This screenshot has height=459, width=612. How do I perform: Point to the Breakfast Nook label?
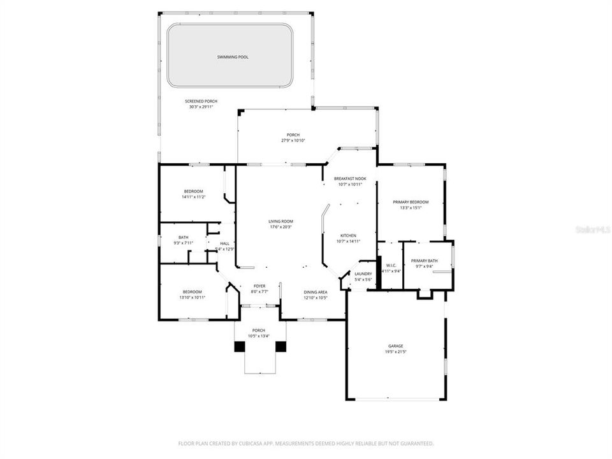[x=350, y=178]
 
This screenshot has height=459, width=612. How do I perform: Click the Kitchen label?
[x=348, y=235]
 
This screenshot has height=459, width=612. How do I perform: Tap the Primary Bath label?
[x=424, y=261]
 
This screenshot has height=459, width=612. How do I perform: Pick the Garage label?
[x=395, y=346]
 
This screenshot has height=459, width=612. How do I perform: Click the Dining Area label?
[x=315, y=292]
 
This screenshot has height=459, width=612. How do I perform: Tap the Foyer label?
[x=259, y=286]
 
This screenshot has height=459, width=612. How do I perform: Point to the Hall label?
[x=224, y=243]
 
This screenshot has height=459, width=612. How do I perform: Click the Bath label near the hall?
[x=184, y=237]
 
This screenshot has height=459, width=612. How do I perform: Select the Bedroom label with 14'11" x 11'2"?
[x=193, y=191]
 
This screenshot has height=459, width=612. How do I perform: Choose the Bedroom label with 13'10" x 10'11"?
[x=193, y=291]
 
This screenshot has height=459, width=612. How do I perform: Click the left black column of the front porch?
[x=239, y=347]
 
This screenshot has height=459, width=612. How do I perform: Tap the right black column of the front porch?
[x=281, y=347]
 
